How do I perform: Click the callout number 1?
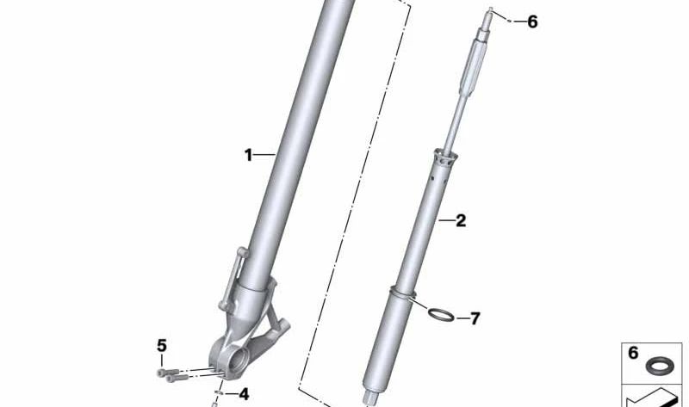(248, 156)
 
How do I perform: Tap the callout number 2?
(461, 221)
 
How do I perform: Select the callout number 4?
(244, 394)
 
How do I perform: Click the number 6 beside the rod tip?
(531, 22)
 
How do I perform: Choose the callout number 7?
(474, 319)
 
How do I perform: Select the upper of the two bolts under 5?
(164, 372)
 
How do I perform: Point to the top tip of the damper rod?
(491, 11)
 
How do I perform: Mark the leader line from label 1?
(264, 155)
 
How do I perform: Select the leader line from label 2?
(445, 221)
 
